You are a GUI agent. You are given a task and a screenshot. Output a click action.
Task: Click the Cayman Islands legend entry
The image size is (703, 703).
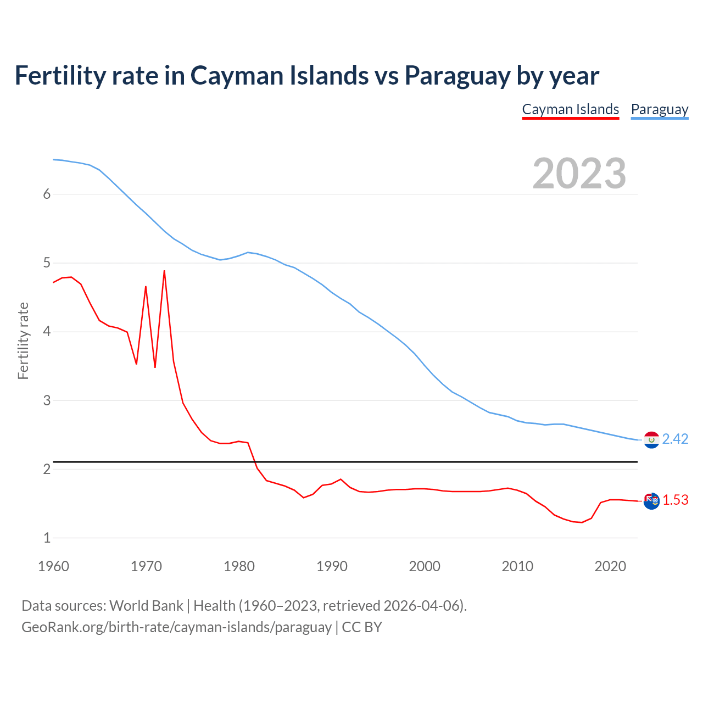[x=570, y=109]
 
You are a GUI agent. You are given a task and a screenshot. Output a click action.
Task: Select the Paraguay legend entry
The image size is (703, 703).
[x=659, y=109]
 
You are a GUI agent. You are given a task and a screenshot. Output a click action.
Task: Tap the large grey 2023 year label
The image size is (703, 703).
[x=579, y=174]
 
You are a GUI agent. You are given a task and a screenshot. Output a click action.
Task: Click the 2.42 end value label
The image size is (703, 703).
[x=675, y=439]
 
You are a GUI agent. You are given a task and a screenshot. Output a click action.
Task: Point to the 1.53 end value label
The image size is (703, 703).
[x=675, y=500]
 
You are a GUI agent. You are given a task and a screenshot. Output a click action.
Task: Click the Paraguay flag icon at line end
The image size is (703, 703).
[x=651, y=440]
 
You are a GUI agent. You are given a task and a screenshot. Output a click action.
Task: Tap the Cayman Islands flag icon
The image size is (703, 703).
[x=651, y=501]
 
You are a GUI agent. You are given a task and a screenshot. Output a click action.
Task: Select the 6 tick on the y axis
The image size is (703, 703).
[x=47, y=194]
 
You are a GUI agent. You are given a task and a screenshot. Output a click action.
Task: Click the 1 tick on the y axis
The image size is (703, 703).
[x=47, y=538]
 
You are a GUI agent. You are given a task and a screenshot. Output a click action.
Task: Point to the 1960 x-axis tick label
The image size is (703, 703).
[x=53, y=566]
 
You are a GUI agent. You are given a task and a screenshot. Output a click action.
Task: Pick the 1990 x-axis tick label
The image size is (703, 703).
[x=332, y=566]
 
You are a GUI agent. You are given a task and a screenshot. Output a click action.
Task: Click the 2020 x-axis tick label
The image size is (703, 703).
[x=610, y=566]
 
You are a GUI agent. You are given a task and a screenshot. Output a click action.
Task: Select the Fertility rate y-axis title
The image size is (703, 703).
[x=23, y=341]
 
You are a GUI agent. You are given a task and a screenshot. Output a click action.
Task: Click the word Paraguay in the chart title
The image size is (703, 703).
[x=457, y=75]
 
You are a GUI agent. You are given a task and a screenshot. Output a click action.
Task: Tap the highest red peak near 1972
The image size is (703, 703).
[x=164, y=271]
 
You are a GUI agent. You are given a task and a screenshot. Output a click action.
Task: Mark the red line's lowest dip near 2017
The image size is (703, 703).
[x=582, y=522]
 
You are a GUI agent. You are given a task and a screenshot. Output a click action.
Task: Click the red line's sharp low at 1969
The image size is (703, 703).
[x=136, y=364]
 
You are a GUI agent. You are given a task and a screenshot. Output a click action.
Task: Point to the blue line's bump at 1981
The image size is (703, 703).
[x=248, y=252]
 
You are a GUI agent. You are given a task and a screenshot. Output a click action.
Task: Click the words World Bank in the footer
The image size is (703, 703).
[x=146, y=605]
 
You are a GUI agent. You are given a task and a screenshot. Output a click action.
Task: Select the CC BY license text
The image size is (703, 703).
[x=362, y=627]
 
